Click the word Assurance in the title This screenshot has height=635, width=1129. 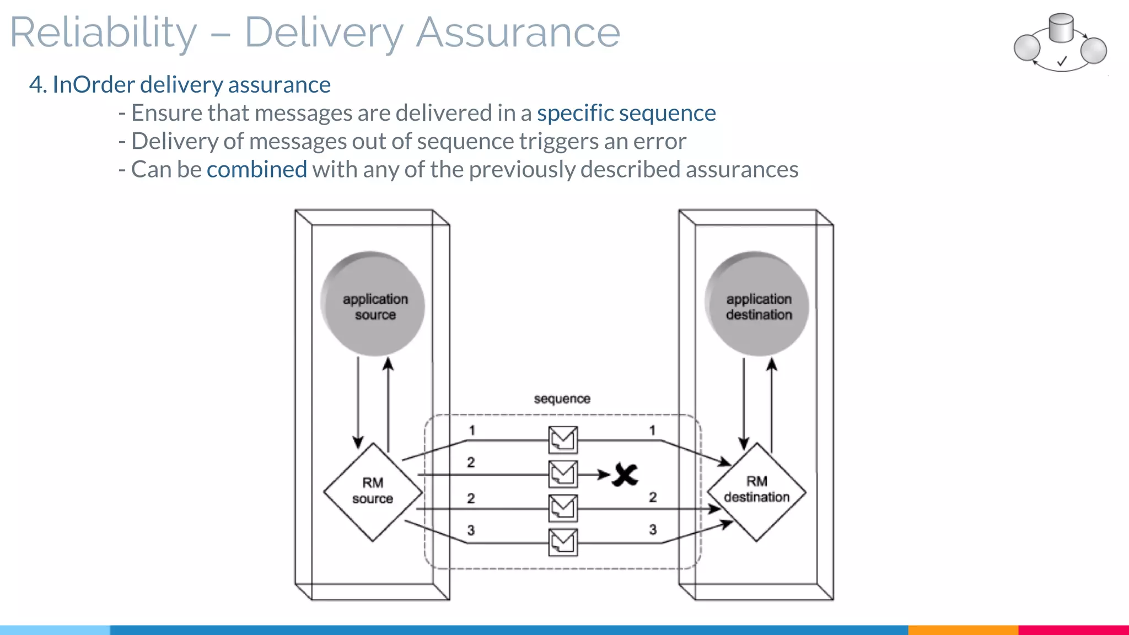pyautogui.click(x=518, y=33)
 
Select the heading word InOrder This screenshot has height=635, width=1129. pyautogui.click(x=93, y=85)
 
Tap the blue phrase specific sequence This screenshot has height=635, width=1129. pyautogui.click(x=626, y=113)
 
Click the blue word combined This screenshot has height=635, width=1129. pyautogui.click(x=256, y=169)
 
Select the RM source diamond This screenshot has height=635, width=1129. pyautogui.click(x=373, y=491)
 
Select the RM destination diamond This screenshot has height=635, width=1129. pyautogui.click(x=756, y=491)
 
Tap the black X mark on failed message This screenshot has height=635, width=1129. pyautogui.click(x=626, y=475)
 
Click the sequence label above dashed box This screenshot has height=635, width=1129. pyautogui.click(x=562, y=399)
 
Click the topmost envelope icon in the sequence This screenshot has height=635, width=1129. pyautogui.click(x=563, y=440)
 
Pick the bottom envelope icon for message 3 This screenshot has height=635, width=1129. pyautogui.click(x=563, y=542)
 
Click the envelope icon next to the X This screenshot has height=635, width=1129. pyautogui.click(x=563, y=474)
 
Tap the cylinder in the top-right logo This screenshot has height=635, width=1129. pyautogui.click(x=1061, y=28)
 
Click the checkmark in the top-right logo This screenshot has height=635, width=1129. pyautogui.click(x=1062, y=61)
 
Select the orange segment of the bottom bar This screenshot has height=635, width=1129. pyautogui.click(x=963, y=629)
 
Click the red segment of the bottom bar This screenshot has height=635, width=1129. pyautogui.click(x=1073, y=629)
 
